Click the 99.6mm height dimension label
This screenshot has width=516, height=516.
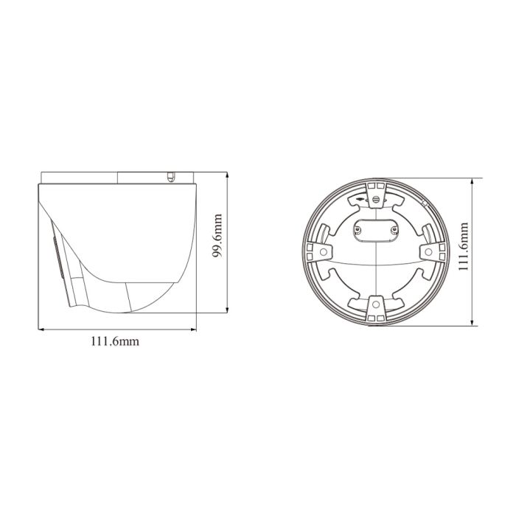click(x=218, y=245)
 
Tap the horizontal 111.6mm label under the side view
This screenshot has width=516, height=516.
click(x=115, y=341)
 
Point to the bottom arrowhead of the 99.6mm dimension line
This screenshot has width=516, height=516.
click(x=226, y=312)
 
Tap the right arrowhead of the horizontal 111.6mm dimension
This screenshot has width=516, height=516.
click(x=198, y=328)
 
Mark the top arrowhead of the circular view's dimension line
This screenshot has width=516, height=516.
click(x=473, y=179)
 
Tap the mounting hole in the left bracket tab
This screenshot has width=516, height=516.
click(x=324, y=252)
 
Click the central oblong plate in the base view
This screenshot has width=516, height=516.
click(x=376, y=229)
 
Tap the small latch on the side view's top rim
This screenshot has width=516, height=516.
click(x=170, y=177)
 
